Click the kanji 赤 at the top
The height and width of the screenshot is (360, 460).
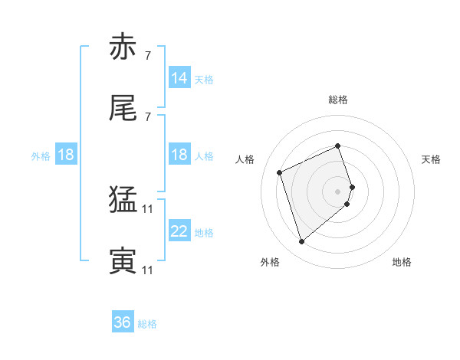tap(123, 47)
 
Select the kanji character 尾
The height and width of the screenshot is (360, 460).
tap(123, 109)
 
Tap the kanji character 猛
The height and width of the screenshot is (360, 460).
tap(123, 201)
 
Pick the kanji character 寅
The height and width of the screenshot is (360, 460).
tap(123, 262)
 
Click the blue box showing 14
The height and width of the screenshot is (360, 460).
tap(179, 78)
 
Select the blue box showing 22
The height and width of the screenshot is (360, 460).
tap(179, 232)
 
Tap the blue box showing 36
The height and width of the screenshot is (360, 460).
tap(123, 322)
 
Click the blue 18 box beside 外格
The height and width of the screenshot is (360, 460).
tap(66, 155)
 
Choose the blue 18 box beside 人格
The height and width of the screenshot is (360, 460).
tap(179, 155)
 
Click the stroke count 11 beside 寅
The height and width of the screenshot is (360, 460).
tap(148, 270)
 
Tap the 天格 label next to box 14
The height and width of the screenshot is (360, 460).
tap(204, 79)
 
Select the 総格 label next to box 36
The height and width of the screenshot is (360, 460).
tap(147, 323)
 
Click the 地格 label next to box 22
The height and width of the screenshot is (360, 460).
tap(204, 233)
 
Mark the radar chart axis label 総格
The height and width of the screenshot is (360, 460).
tap(338, 100)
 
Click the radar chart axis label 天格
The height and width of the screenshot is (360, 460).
tap(431, 159)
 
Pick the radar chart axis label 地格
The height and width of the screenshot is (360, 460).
tap(402, 262)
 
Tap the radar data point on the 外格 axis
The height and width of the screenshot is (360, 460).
tap(302, 242)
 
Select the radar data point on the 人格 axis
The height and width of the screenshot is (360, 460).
tap(281, 172)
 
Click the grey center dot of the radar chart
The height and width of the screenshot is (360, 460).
tap(338, 190)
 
